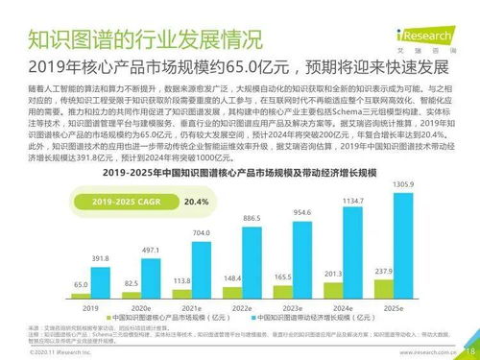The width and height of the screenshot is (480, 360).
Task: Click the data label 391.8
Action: pos(100,258)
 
